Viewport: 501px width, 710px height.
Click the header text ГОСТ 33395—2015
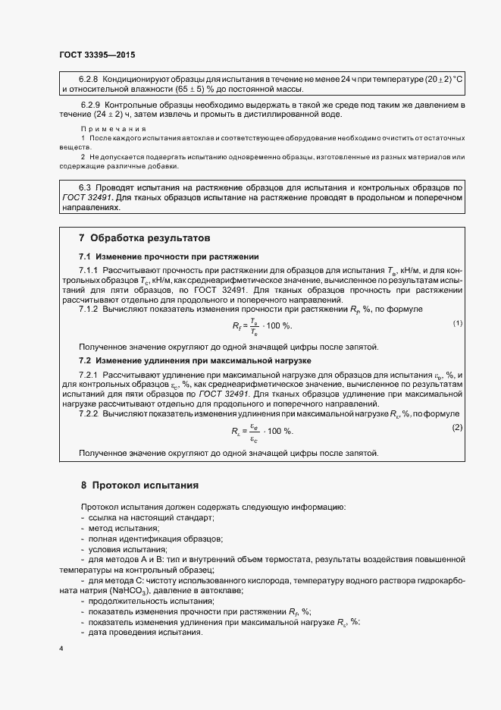97,55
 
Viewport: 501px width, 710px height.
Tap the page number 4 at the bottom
61,648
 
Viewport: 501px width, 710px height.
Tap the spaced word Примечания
113,129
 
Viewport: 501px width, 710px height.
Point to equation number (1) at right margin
457,324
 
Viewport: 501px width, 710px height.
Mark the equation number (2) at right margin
457,429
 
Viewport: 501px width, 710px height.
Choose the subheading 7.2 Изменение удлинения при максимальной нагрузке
195,360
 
